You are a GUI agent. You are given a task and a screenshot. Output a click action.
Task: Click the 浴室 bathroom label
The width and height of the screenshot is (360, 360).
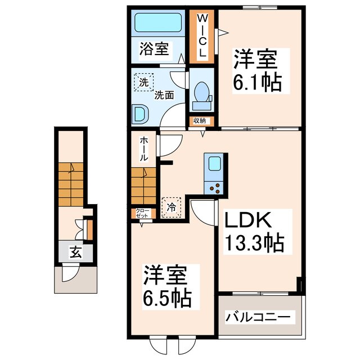pos(154,49)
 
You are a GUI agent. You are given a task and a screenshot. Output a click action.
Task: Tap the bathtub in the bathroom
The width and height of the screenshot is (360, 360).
pos(157,24)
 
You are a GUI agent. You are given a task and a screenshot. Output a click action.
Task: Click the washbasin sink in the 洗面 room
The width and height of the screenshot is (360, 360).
pos(141,114)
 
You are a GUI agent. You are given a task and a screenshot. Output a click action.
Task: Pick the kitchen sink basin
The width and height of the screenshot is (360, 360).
pos(214,164)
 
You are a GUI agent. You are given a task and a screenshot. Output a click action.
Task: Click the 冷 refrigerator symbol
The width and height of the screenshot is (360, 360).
pos(171,206)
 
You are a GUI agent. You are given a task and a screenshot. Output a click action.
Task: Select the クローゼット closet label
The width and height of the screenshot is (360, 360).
pos(142,213)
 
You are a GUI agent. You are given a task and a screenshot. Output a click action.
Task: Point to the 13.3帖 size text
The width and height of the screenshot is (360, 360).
pos(255,244)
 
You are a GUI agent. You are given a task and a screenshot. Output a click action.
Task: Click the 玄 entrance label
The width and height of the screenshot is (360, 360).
pos(75,252)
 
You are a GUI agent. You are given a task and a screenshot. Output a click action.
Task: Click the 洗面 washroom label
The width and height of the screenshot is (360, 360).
pos(164,96)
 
